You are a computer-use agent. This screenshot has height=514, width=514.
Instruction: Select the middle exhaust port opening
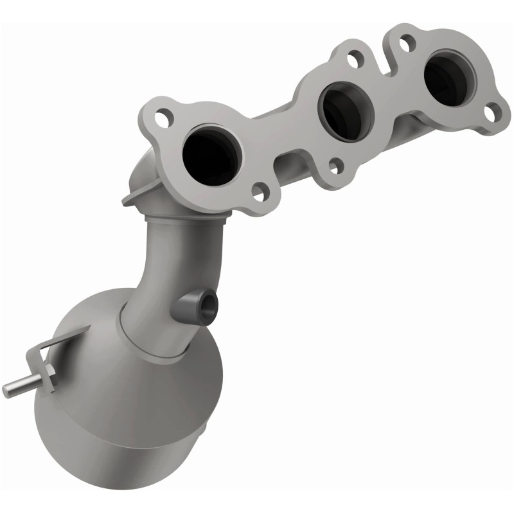(347, 111)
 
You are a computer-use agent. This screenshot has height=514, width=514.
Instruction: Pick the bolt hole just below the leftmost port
(259, 190)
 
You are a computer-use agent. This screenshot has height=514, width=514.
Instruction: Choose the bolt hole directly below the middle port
(335, 166)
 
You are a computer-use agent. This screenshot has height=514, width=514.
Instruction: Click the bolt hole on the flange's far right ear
(491, 114)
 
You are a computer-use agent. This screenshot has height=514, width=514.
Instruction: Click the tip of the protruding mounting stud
(8, 389)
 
